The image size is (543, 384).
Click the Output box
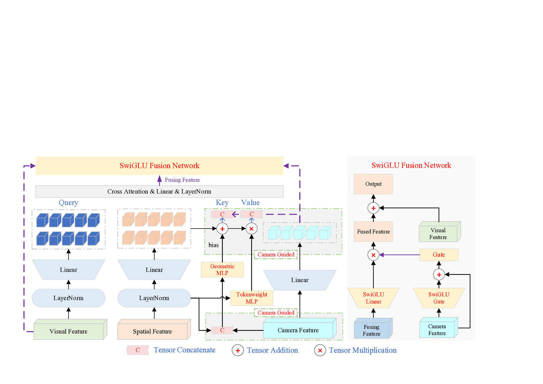[373, 184]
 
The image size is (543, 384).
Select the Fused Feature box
[373, 232]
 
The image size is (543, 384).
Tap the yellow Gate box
[439, 255]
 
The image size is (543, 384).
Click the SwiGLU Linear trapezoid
[373, 298]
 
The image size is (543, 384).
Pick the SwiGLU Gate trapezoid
[439, 298]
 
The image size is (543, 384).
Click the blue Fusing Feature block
[371, 330]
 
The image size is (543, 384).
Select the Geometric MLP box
[222, 269]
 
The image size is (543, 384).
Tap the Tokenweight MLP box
[251, 298]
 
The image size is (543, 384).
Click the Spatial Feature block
[152, 331]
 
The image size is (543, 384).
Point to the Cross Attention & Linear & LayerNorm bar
[159, 191]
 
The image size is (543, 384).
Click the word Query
[68, 203]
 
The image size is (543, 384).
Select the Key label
[222, 203]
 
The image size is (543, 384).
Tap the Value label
[250, 203]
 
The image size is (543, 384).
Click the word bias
[213, 245]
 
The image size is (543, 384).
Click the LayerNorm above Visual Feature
[68, 298]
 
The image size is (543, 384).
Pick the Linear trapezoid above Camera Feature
[300, 280]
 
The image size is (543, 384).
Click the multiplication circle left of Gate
[373, 255]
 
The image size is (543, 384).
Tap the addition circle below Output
[373, 208]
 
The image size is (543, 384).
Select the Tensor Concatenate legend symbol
[138, 350]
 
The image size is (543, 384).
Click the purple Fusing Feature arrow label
[182, 180]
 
